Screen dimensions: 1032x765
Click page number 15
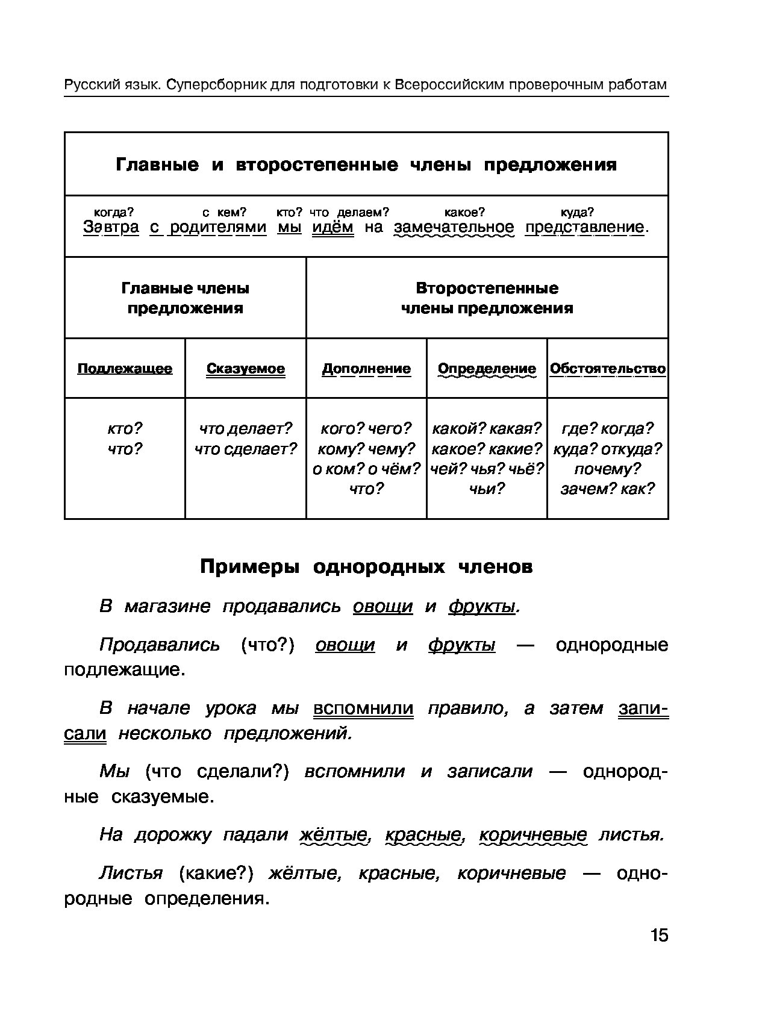[659, 935]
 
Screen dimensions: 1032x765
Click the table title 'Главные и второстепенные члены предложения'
[366, 164]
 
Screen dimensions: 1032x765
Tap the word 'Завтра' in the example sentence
[111, 227]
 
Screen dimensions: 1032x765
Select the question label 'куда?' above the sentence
[577, 212]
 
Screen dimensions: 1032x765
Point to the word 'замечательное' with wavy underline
[454, 227]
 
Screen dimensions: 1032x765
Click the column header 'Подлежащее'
[125, 368]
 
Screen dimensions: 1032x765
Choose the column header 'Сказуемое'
[245, 368]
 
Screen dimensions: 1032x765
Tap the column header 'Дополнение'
[366, 368]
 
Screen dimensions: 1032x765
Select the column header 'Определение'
[487, 368]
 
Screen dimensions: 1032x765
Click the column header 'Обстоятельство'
[608, 368]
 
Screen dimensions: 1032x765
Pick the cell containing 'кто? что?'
[125, 439]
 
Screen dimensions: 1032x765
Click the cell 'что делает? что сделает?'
[245, 439]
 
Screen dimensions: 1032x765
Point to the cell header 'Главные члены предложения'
[185, 298]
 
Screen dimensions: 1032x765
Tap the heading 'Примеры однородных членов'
[366, 567]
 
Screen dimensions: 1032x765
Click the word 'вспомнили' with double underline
[363, 708]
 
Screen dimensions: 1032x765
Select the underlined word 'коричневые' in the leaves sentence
[532, 834]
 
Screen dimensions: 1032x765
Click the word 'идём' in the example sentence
[333, 227]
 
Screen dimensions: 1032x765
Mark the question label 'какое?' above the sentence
[464, 212]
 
